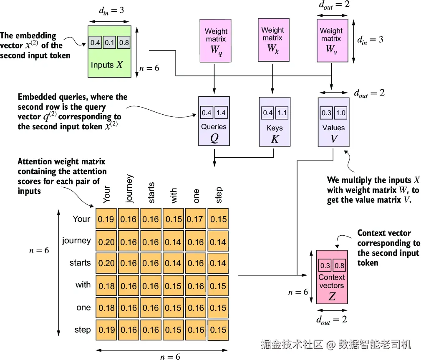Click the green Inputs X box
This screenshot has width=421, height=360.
pyautogui.click(x=110, y=52)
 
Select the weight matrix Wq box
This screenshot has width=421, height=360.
pyautogui.click(x=215, y=40)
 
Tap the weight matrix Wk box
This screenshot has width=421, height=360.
pyautogui.click(x=274, y=40)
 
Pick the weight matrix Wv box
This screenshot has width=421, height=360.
pyautogui.click(x=333, y=40)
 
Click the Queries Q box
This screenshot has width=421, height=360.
pyautogui.click(x=214, y=121)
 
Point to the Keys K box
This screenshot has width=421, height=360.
pyautogui.click(x=275, y=122)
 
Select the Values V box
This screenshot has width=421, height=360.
pyautogui.click(x=334, y=122)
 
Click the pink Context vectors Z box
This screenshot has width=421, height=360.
pyautogui.click(x=332, y=277)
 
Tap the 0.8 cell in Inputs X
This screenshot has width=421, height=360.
pyautogui.click(x=124, y=43)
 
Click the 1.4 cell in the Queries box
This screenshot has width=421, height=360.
pyautogui.click(x=221, y=113)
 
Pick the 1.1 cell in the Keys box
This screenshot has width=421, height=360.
pyautogui.click(x=282, y=113)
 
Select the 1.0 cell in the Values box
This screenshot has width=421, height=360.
pyautogui.click(x=341, y=113)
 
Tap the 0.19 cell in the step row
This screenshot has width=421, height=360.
pyautogui.click(x=106, y=330)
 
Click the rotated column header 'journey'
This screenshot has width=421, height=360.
pyautogui.click(x=129, y=189)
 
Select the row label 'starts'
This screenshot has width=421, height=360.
pyautogui.click(x=80, y=262)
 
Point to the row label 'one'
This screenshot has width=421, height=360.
pyautogui.click(x=83, y=307)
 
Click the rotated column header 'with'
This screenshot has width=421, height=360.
pyautogui.click(x=174, y=195)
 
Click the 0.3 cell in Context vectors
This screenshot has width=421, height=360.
pyautogui.click(x=325, y=265)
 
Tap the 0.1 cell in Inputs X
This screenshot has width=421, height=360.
pyautogui.click(x=109, y=43)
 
